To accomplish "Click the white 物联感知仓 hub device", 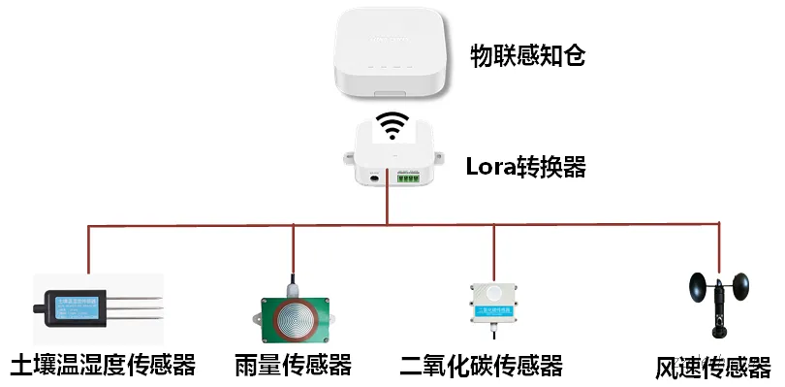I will click(392, 53).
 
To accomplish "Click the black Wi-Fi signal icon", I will click(392, 126).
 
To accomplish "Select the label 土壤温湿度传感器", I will click(102, 366).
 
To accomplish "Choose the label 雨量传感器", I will click(292, 366).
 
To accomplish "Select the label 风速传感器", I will click(711, 368).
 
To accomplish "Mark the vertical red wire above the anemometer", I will click(720, 247).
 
